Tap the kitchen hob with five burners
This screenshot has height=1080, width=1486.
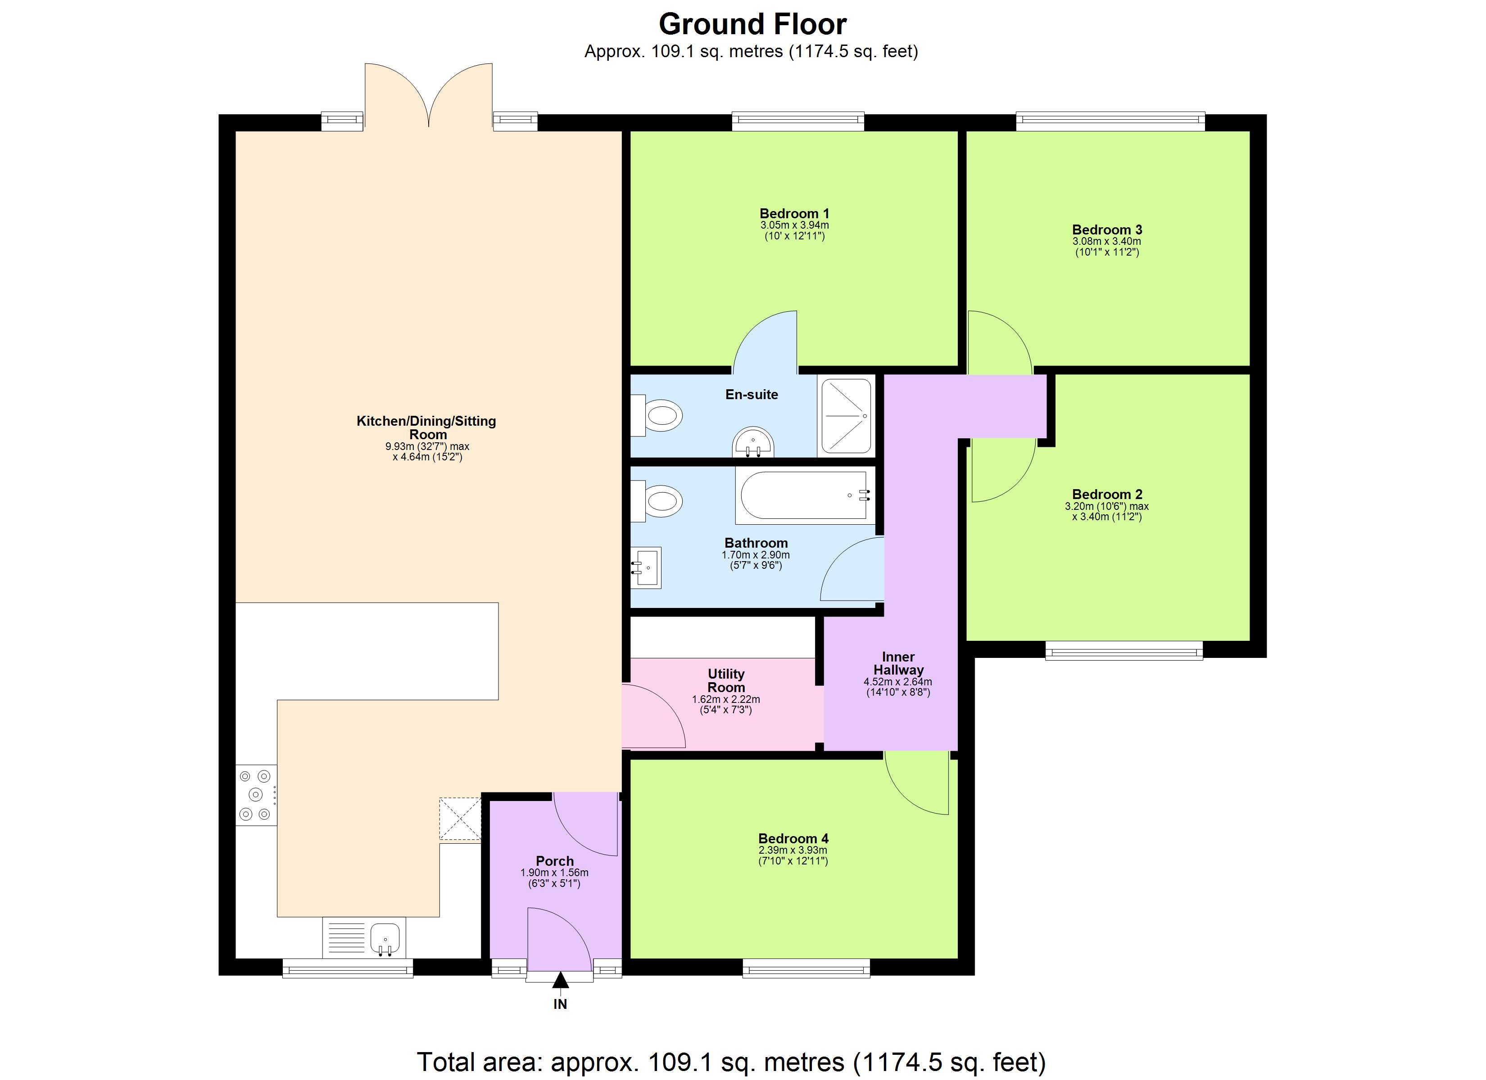click(255, 795)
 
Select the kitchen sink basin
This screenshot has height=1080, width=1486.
click(385, 938)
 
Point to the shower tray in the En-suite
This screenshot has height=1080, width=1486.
click(846, 416)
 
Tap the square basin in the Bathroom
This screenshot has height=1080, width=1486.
click(647, 567)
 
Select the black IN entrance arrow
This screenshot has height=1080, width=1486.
click(560, 981)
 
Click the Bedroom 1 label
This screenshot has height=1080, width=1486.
click(794, 213)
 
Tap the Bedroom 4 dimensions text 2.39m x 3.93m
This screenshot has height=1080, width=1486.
click(793, 850)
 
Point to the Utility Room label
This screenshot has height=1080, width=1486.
click(726, 680)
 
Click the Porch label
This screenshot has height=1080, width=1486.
click(554, 861)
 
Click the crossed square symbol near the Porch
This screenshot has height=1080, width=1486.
click(460, 818)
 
